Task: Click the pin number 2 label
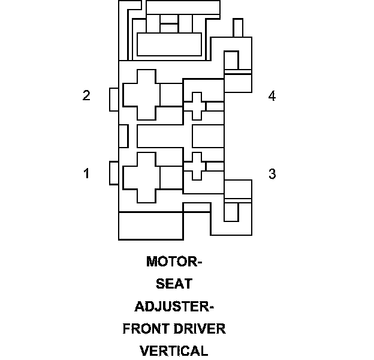[86, 96]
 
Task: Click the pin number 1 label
[86, 173]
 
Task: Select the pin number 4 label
[272, 96]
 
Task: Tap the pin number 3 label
[272, 174]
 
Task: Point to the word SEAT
[174, 284]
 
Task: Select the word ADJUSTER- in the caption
[174, 306]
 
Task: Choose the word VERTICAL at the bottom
[174, 351]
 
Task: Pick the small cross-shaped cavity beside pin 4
[194, 106]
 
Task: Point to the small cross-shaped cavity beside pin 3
[194, 166]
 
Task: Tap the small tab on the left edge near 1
[114, 173]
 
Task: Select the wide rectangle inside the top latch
[169, 44]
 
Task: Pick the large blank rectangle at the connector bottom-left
[150, 226]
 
